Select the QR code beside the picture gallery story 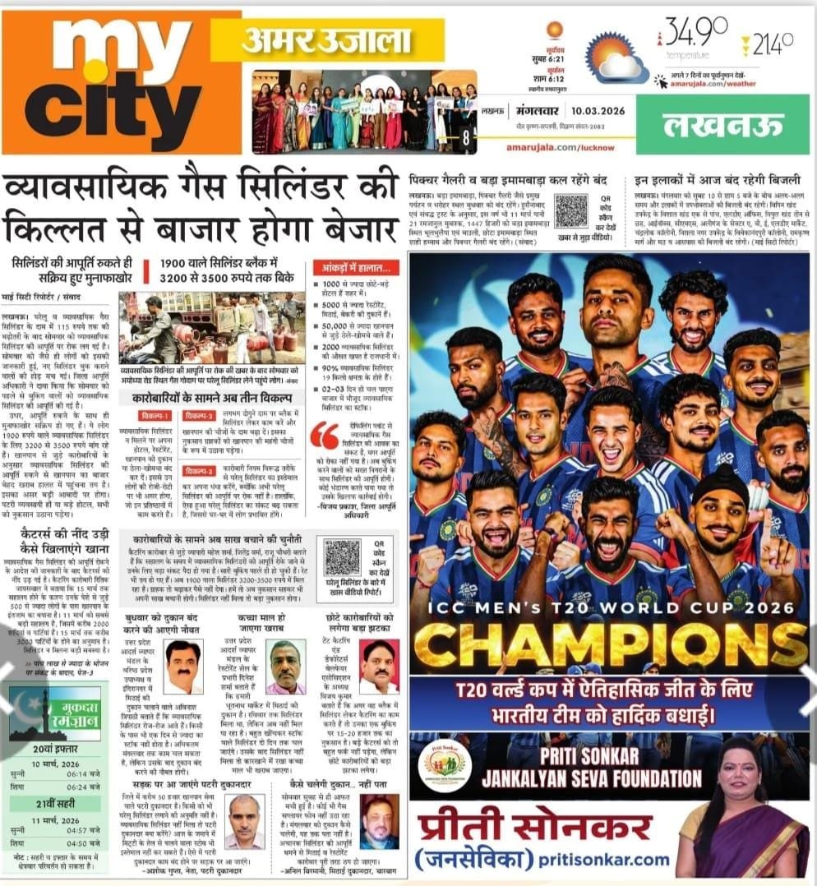(570, 210)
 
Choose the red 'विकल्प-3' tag (201, 472)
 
